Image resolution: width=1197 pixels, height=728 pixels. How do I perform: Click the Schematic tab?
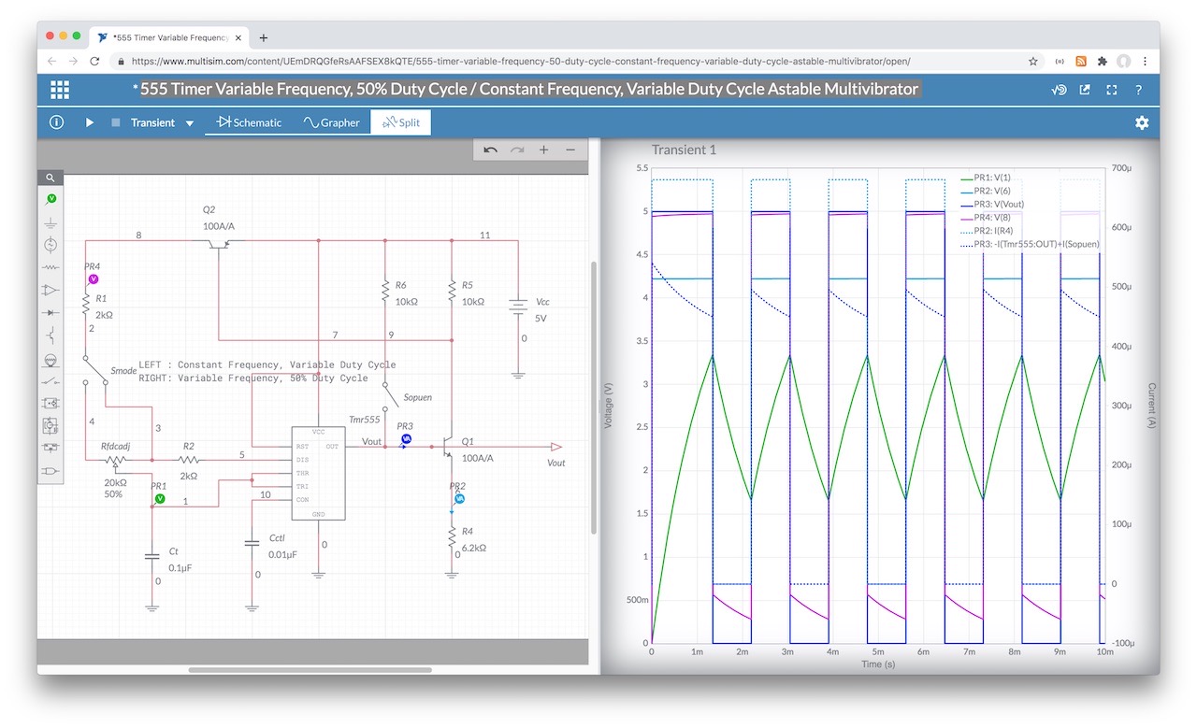coord(249,122)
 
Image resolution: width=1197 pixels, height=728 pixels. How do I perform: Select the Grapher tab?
coord(331,122)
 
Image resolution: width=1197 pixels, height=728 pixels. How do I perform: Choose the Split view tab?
coord(401,122)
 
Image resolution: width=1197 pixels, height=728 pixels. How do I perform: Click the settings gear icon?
coord(1142,122)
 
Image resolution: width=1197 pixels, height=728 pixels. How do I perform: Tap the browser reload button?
coord(94,62)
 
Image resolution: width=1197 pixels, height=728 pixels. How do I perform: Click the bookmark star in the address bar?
coord(1033,62)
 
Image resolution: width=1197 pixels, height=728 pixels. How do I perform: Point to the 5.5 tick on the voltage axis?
coord(642,167)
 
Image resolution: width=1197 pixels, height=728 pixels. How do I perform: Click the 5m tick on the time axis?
coord(878,651)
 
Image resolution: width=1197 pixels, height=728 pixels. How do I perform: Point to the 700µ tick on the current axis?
coord(1121,167)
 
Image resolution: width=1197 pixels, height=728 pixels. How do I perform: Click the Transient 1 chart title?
coord(684,150)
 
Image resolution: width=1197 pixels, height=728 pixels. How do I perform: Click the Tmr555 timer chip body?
coord(319,473)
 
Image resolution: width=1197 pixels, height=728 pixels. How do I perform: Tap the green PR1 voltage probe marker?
coord(159,498)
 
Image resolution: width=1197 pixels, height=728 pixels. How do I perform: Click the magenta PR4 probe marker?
coord(94,278)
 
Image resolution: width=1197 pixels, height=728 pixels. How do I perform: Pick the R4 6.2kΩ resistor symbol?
coord(452,537)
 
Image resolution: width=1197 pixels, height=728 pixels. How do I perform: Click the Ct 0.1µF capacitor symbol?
coord(151,557)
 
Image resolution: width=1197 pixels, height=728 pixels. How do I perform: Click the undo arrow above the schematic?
coord(490,150)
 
